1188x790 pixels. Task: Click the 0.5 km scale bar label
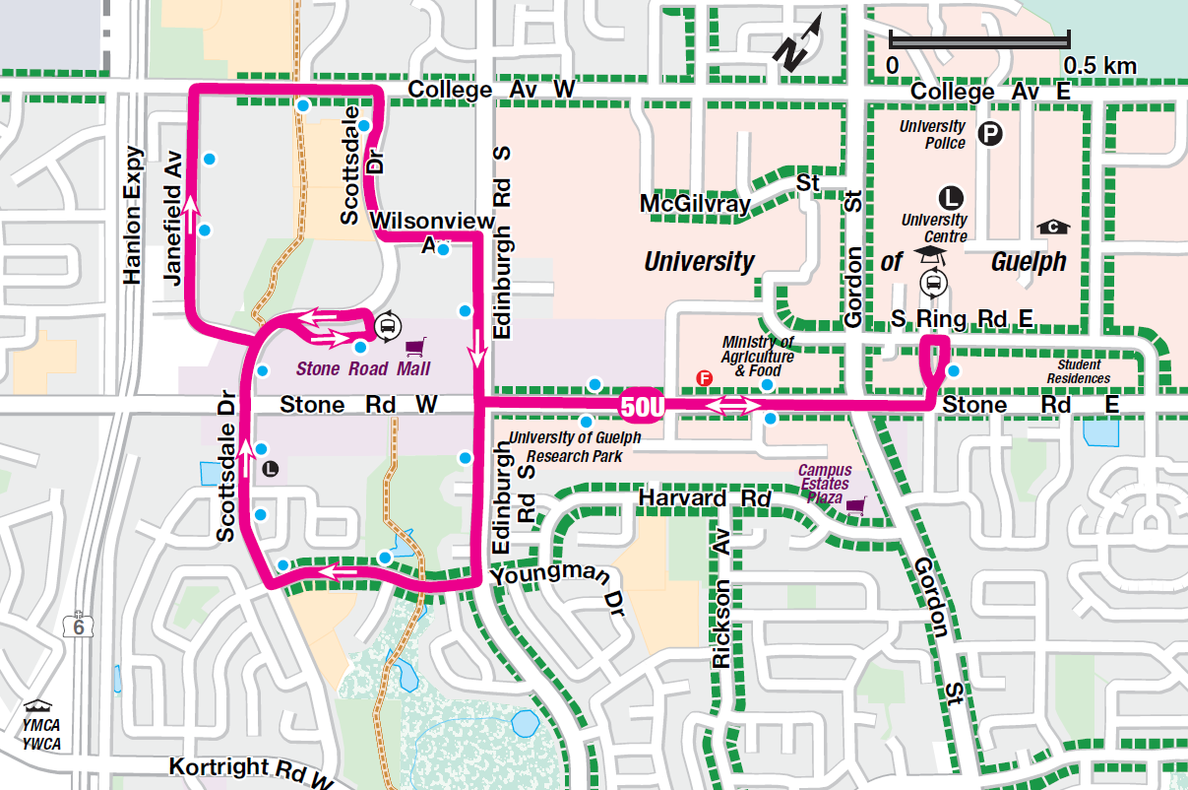pyautogui.click(x=1099, y=66)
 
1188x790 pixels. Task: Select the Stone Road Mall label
pyautogui.click(x=363, y=369)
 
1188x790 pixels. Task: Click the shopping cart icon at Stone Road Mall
pyautogui.click(x=417, y=347)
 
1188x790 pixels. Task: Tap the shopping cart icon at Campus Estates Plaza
pyautogui.click(x=855, y=505)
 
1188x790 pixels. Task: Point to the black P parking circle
pyautogui.click(x=990, y=133)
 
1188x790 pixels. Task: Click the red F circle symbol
pyautogui.click(x=704, y=377)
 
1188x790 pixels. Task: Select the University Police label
pyautogui.click(x=932, y=135)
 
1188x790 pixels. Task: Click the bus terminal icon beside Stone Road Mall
pyautogui.click(x=387, y=323)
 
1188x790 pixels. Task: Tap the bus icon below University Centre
pyautogui.click(x=932, y=284)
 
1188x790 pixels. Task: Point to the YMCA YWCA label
pyautogui.click(x=41, y=735)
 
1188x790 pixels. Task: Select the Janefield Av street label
pyautogui.click(x=173, y=219)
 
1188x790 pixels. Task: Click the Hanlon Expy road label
pyautogui.click(x=135, y=223)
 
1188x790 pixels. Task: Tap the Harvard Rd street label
pyautogui.click(x=704, y=498)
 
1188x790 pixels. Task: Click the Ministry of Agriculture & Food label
pyautogui.click(x=757, y=357)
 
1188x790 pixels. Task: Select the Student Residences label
pyautogui.click(x=1078, y=372)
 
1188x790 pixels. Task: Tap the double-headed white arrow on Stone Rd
pyautogui.click(x=732, y=405)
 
